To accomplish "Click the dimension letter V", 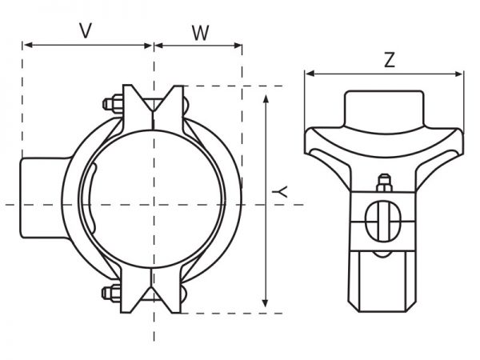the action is coord(86,31).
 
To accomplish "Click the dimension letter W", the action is coord(201,33).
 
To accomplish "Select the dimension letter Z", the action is coord(390,60).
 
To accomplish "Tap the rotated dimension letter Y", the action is coord(280,192).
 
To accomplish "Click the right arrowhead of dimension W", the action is coord(238,46).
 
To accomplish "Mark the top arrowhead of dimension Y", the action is coord(266,99).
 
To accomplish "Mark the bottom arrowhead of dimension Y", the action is coord(266,302).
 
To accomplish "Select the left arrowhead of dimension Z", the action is coord(310,74).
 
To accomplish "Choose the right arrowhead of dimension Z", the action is coord(458,74).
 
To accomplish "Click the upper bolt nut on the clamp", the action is coord(114,104).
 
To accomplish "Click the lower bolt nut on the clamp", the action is coord(112,293).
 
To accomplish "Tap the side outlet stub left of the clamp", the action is coord(44,198).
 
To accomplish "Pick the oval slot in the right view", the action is coord(383,221).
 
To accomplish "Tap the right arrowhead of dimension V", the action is coord(147,46).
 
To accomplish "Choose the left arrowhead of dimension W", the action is coord(159,46).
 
